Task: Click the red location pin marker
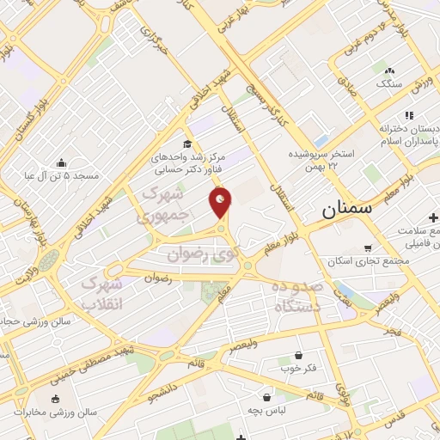click(x=221, y=202)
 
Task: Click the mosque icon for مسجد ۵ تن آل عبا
click(x=62, y=162)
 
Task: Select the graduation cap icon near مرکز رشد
click(x=187, y=144)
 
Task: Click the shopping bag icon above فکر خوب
click(x=298, y=354)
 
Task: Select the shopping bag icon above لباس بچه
click(x=268, y=398)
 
